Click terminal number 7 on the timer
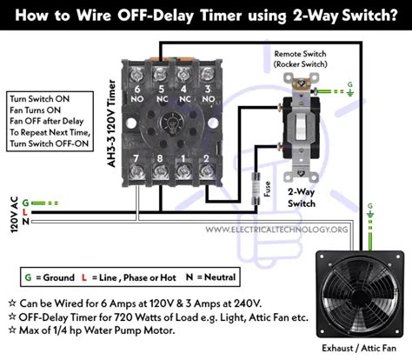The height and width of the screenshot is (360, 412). [137, 159]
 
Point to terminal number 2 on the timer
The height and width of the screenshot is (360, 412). [205, 159]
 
